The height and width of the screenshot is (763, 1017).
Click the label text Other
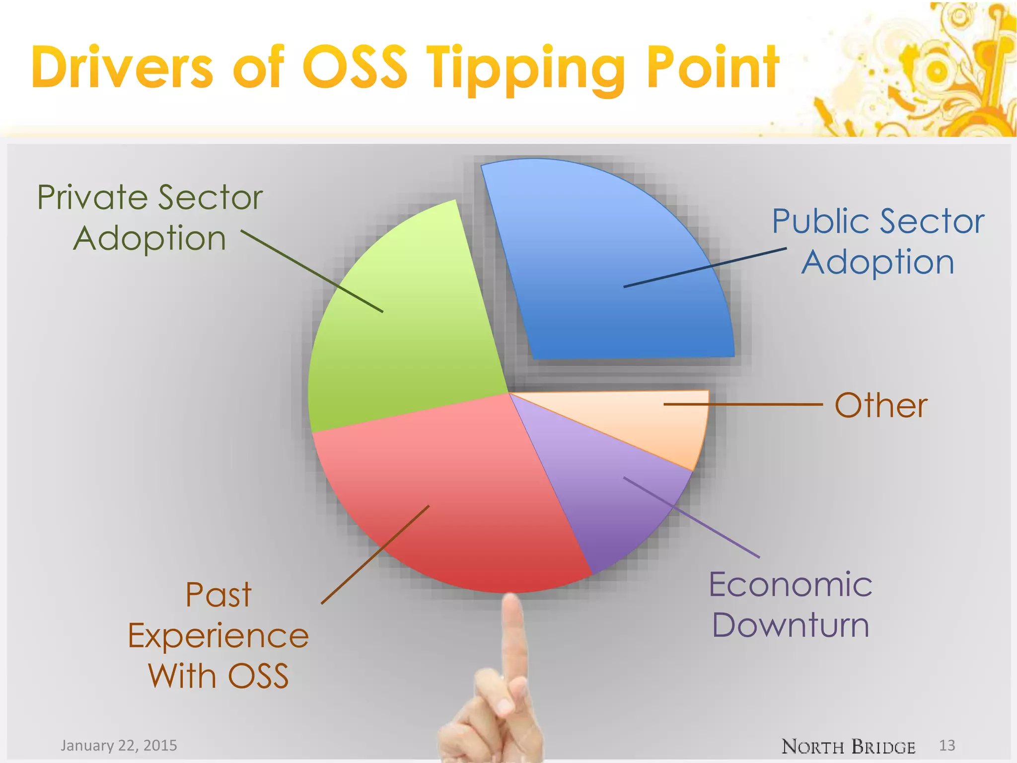pyautogui.click(x=880, y=405)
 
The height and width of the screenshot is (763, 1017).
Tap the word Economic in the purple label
pyautogui.click(x=790, y=585)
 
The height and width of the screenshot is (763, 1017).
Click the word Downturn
pyautogui.click(x=790, y=625)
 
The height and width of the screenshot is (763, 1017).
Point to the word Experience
pyautogui.click(x=218, y=636)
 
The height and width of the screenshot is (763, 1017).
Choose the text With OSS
pyautogui.click(x=218, y=676)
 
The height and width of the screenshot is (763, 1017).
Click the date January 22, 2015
pyautogui.click(x=119, y=745)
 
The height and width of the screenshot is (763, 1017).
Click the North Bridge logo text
pyautogui.click(x=848, y=746)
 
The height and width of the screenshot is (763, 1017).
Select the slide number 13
pyautogui.click(x=947, y=745)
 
